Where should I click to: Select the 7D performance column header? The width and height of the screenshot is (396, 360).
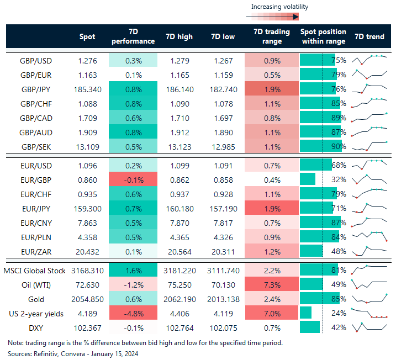point(133,36)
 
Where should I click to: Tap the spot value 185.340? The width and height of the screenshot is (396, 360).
point(87,89)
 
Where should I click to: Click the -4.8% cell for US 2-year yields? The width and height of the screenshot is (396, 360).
point(133,313)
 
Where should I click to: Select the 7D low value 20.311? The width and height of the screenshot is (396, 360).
point(223,251)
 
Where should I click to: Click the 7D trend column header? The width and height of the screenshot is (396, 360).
point(369,36)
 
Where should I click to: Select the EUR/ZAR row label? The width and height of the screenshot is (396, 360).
point(36,251)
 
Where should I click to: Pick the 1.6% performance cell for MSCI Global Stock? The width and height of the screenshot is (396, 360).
point(133,270)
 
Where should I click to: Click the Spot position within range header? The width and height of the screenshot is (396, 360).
point(323,36)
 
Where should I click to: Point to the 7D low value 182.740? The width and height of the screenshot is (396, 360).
point(223,89)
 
